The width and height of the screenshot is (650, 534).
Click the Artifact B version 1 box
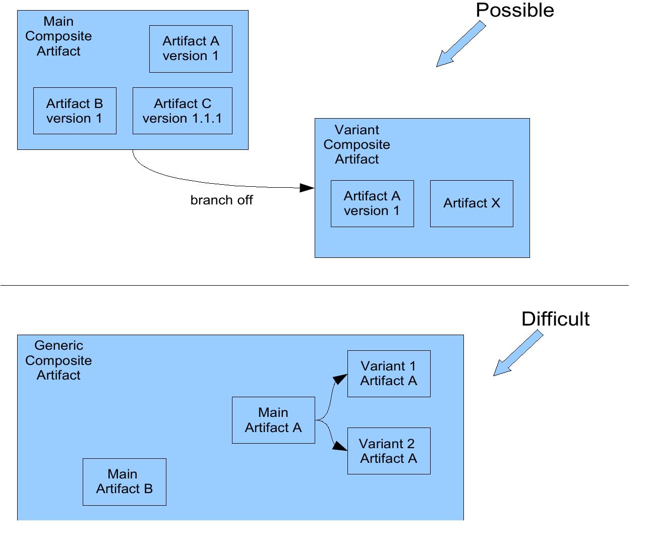[x=75, y=111]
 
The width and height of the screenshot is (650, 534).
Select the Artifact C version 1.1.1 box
[x=182, y=111]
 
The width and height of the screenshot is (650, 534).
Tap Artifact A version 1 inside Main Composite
[x=191, y=49]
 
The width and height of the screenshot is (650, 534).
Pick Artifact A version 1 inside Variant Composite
[x=372, y=203]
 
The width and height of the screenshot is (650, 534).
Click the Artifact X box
[x=471, y=203]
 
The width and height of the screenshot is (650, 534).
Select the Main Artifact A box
[x=273, y=420]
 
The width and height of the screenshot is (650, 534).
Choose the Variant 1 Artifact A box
[x=389, y=373]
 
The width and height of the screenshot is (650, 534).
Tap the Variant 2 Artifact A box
[x=389, y=451]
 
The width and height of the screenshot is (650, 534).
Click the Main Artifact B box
[x=125, y=482]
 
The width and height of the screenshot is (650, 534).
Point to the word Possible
[x=515, y=11]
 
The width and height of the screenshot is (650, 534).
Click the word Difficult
[x=555, y=319]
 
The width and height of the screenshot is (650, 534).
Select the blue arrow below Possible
[x=459, y=45]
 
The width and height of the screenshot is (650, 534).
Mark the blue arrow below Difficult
[x=517, y=354]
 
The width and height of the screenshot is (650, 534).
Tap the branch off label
[x=221, y=200]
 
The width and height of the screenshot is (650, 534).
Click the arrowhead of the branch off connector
[x=307, y=188]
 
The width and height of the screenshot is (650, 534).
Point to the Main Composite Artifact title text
[x=58, y=36]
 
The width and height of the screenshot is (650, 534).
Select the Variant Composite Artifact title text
[x=357, y=144]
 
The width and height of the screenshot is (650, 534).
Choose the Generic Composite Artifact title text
[x=58, y=360]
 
